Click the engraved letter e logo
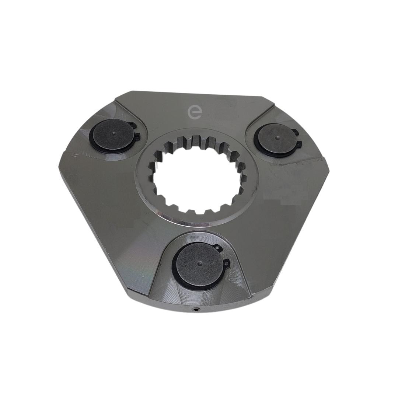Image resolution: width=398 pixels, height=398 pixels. point(195,112)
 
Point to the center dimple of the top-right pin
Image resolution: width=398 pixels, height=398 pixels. point(277,138)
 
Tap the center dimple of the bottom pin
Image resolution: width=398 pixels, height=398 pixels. point(199,264)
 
